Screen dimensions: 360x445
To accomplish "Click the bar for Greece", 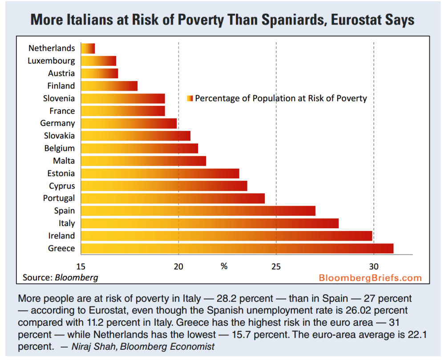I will [237, 248].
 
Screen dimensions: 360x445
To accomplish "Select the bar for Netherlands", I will [88, 49].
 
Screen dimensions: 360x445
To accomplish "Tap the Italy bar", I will [210, 223].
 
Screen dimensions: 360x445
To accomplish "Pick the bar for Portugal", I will [173, 198].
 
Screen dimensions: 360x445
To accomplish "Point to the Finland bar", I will [109, 86].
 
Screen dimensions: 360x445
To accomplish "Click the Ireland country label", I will [61, 236].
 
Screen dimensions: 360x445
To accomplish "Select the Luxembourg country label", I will [51, 61].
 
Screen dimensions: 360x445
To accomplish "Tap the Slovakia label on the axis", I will [59, 136].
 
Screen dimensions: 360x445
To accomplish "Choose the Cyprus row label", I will [62, 186].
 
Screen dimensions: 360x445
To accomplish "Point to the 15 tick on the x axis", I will [81, 267].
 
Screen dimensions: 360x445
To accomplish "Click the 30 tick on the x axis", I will [374, 267].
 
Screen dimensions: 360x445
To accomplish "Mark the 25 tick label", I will [276, 267].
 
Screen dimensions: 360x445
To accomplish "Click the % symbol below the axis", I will [224, 267].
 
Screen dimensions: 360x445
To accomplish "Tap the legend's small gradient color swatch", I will [190, 98].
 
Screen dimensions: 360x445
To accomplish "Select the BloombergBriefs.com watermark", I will [370, 278].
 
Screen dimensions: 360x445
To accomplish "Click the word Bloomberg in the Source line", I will [76, 278].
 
